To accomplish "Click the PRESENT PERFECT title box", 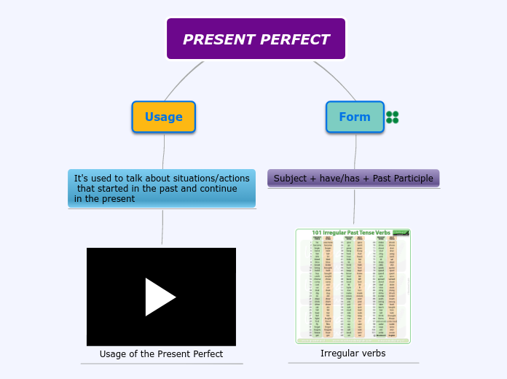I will [x=256, y=39].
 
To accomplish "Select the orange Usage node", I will [x=163, y=117].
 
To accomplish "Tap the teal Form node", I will [x=354, y=117].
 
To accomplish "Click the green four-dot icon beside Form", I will [x=393, y=117].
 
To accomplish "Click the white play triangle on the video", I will [x=160, y=297].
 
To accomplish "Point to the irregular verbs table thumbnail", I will [x=353, y=286].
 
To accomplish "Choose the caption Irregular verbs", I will [x=353, y=353].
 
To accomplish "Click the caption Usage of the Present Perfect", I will [x=161, y=354].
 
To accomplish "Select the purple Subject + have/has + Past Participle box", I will [x=353, y=178].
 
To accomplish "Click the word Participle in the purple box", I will [x=412, y=178].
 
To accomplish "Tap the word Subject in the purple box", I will [x=290, y=178].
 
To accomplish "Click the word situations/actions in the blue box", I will [x=208, y=178].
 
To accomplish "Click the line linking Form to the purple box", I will [x=356, y=152].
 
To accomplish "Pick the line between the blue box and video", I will [x=162, y=227].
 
